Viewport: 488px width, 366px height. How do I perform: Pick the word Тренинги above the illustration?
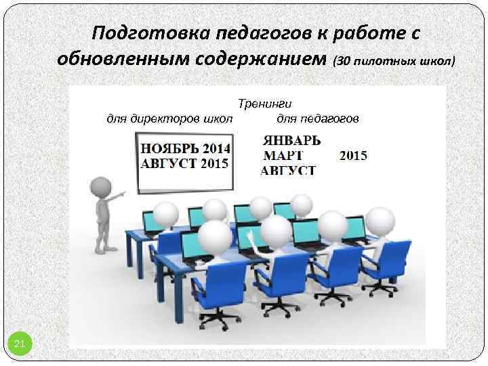point(265,104)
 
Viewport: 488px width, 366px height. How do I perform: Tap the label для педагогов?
point(318,119)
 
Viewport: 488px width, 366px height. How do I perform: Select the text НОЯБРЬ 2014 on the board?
point(185,148)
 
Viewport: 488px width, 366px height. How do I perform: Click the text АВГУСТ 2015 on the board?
point(184,163)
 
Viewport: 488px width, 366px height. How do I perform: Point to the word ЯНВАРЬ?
point(291,141)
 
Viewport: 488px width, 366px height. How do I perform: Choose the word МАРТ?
point(281,156)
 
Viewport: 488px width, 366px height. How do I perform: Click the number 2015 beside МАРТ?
point(353,156)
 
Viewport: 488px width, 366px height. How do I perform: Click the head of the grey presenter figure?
point(102,186)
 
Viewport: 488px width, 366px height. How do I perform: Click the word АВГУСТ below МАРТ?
point(288,170)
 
